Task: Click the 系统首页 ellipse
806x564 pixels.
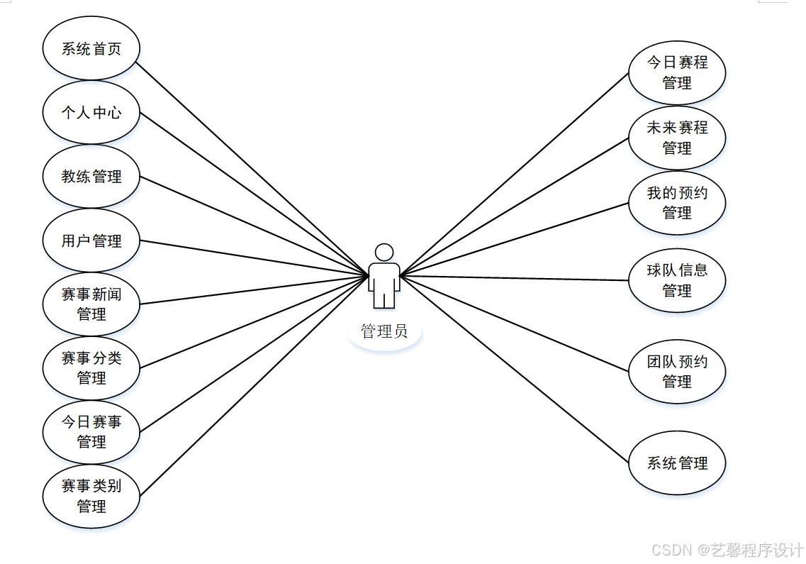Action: (91, 49)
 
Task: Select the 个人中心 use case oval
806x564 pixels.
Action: (91, 112)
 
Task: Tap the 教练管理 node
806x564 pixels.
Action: (91, 177)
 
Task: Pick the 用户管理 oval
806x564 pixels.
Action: (91, 240)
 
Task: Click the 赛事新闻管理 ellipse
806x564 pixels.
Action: (91, 304)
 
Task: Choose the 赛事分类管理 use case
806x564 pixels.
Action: (91, 367)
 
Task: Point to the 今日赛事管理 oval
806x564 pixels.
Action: (91, 431)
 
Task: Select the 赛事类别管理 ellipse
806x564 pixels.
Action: (91, 496)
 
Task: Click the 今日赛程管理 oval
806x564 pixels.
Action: (677, 72)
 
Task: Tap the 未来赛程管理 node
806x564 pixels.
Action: (677, 138)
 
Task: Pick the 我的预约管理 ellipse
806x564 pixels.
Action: (677, 202)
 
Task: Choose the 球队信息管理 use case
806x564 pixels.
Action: (677, 280)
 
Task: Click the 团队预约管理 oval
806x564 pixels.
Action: (677, 371)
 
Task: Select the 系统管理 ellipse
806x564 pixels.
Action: (677, 463)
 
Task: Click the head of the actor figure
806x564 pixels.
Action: (384, 252)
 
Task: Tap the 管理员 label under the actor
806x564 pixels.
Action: (384, 331)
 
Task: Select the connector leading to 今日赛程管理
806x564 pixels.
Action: (514, 173)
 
